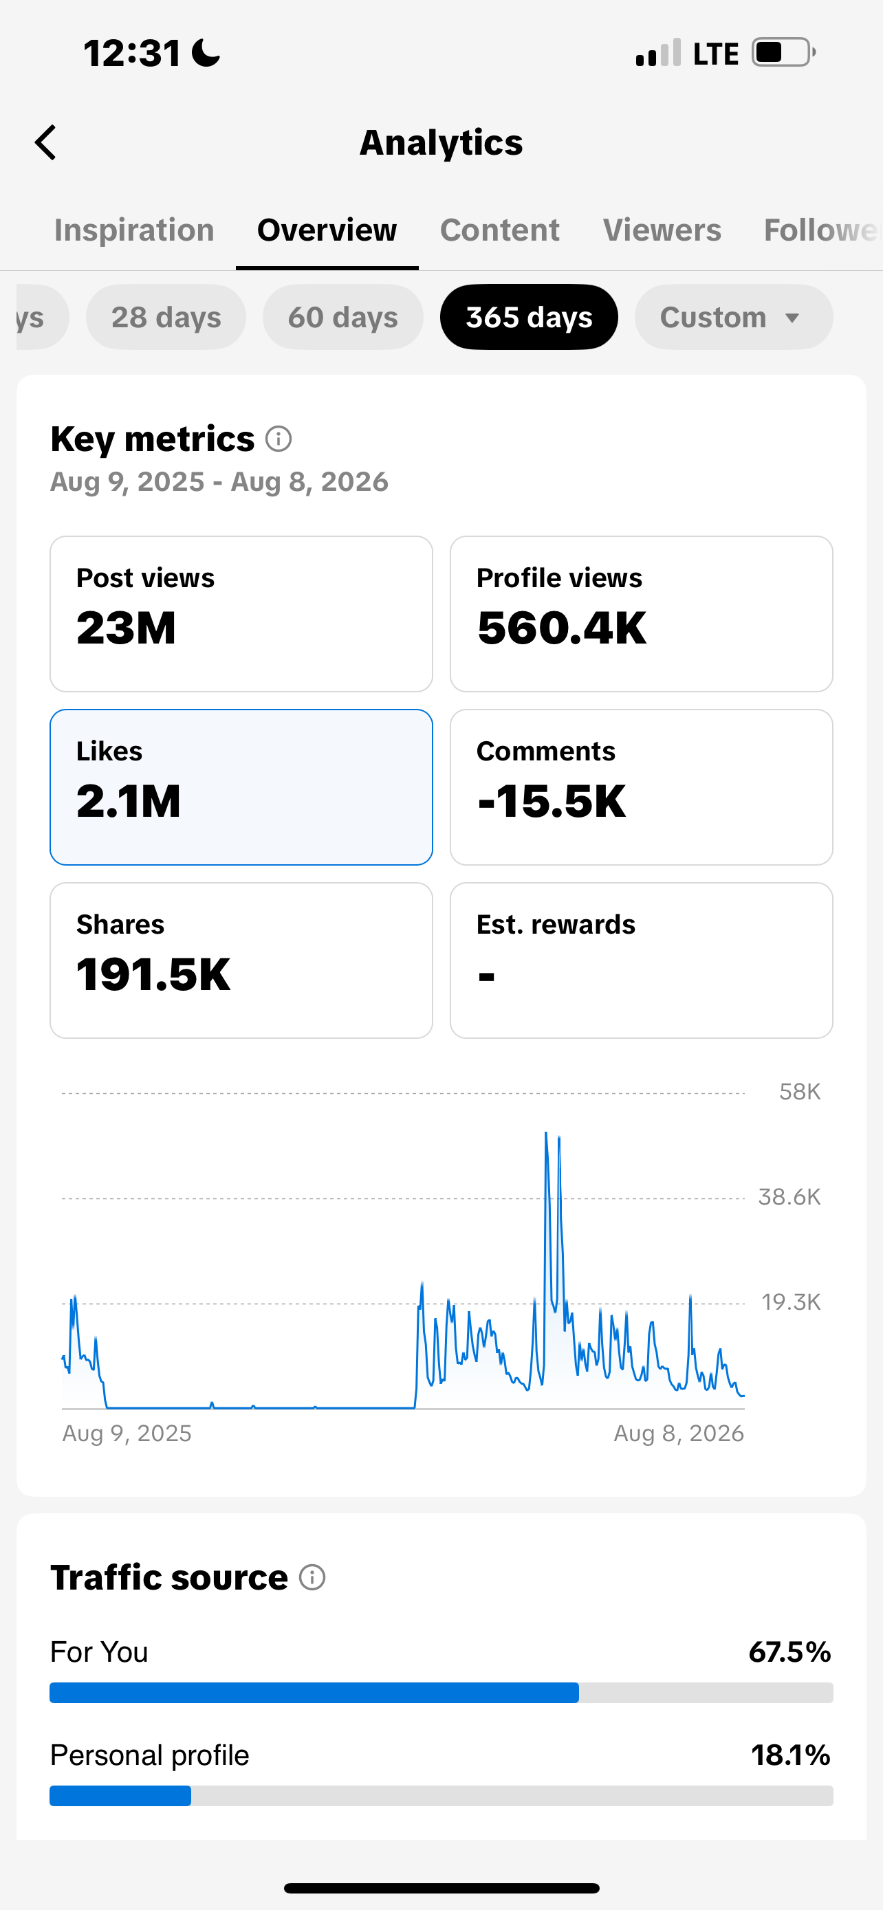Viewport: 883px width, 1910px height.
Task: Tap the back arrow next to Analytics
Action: (45, 142)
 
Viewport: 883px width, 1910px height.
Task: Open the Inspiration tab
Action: (134, 230)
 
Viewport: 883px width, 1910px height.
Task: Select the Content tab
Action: (500, 230)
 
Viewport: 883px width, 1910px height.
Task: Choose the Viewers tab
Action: (662, 230)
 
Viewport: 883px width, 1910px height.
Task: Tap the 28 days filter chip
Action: (166, 318)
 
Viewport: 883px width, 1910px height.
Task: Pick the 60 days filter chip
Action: (342, 318)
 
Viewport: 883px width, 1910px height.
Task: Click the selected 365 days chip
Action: (529, 318)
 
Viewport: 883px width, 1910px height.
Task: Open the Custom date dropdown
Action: (733, 318)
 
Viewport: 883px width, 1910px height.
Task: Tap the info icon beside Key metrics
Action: (279, 439)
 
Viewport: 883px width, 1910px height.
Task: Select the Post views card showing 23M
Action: (241, 614)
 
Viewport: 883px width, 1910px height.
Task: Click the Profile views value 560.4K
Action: (562, 628)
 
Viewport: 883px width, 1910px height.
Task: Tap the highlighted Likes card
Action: (241, 787)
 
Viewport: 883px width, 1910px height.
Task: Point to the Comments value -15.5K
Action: (552, 802)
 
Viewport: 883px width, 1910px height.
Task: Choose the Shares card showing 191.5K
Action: (241, 961)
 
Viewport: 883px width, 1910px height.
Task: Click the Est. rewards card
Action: (642, 961)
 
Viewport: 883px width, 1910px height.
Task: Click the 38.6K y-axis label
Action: (789, 1198)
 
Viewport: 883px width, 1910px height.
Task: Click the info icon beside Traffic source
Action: (312, 1578)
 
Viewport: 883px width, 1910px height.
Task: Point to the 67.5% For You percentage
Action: (789, 1652)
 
